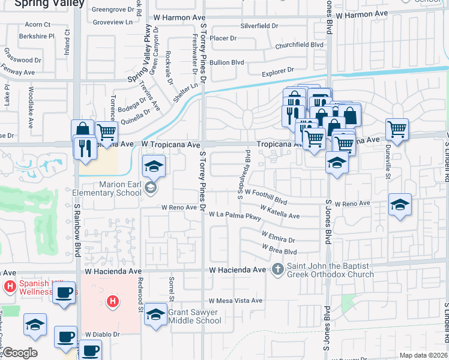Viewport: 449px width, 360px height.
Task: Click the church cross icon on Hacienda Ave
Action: point(278,269)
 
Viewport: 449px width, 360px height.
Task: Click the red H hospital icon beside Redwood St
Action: point(112,302)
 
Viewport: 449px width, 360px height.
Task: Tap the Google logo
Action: point(19,353)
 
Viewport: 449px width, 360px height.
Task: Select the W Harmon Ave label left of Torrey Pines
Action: point(179,18)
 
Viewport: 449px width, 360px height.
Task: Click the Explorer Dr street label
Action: point(278,71)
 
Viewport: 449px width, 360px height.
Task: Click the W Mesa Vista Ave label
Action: point(235,301)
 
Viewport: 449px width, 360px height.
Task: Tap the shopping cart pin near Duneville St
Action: point(397,128)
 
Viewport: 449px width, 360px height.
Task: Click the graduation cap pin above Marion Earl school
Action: point(154,166)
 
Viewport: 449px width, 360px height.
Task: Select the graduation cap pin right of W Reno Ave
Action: point(400,205)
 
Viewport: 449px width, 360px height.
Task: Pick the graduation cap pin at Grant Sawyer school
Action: point(155,314)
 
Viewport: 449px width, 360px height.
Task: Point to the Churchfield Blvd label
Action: point(299,44)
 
